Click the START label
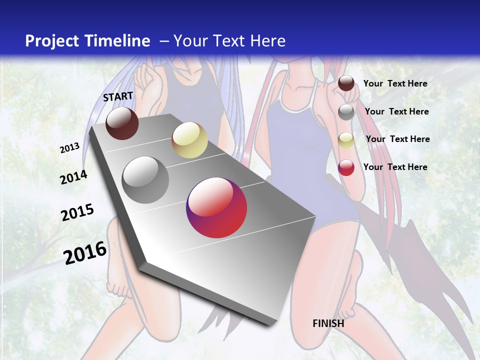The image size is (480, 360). (118, 96)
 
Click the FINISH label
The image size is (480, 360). (328, 323)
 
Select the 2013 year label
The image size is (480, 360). (70, 148)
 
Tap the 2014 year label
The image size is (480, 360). (73, 177)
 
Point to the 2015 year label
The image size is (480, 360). (77, 212)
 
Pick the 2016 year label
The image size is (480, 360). (85, 252)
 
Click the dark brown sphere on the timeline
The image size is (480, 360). (122, 123)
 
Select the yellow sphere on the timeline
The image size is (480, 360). (189, 140)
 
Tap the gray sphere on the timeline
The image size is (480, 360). (145, 180)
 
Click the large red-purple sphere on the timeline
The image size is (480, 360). (216, 207)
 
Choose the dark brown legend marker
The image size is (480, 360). (346, 83)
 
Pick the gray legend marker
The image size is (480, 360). (346, 112)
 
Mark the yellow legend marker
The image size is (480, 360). (346, 140)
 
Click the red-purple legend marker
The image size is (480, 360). (346, 167)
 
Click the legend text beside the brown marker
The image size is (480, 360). (395, 83)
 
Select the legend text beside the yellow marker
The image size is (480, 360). (397, 139)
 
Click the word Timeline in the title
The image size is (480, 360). (117, 41)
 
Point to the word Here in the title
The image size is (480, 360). (267, 41)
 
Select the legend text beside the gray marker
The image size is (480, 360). (396, 111)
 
